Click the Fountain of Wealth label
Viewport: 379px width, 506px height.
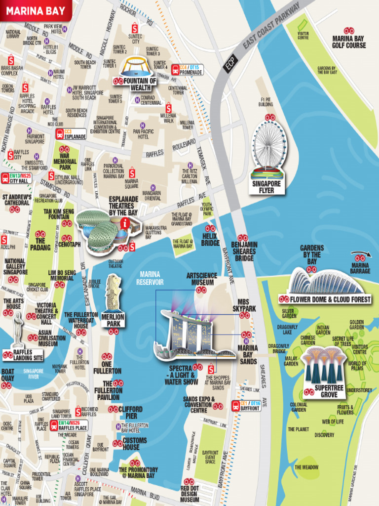140,84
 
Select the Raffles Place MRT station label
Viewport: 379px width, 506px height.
72,425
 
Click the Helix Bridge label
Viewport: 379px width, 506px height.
210,240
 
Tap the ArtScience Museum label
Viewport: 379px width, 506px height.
200,279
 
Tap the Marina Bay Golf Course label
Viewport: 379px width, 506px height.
349,42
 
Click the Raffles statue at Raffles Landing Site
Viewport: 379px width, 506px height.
18,329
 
